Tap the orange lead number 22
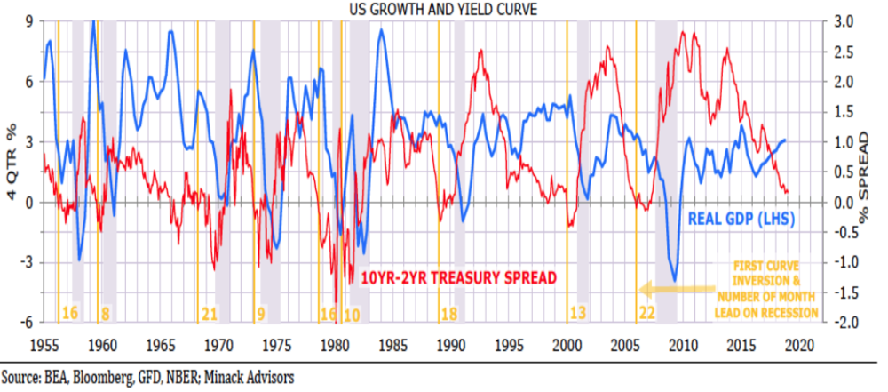pyautogui.click(x=646, y=313)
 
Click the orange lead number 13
pyautogui.click(x=578, y=313)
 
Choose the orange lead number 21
pyautogui.click(x=210, y=313)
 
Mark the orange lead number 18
pyautogui.click(x=449, y=313)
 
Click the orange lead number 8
pyautogui.click(x=105, y=313)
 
